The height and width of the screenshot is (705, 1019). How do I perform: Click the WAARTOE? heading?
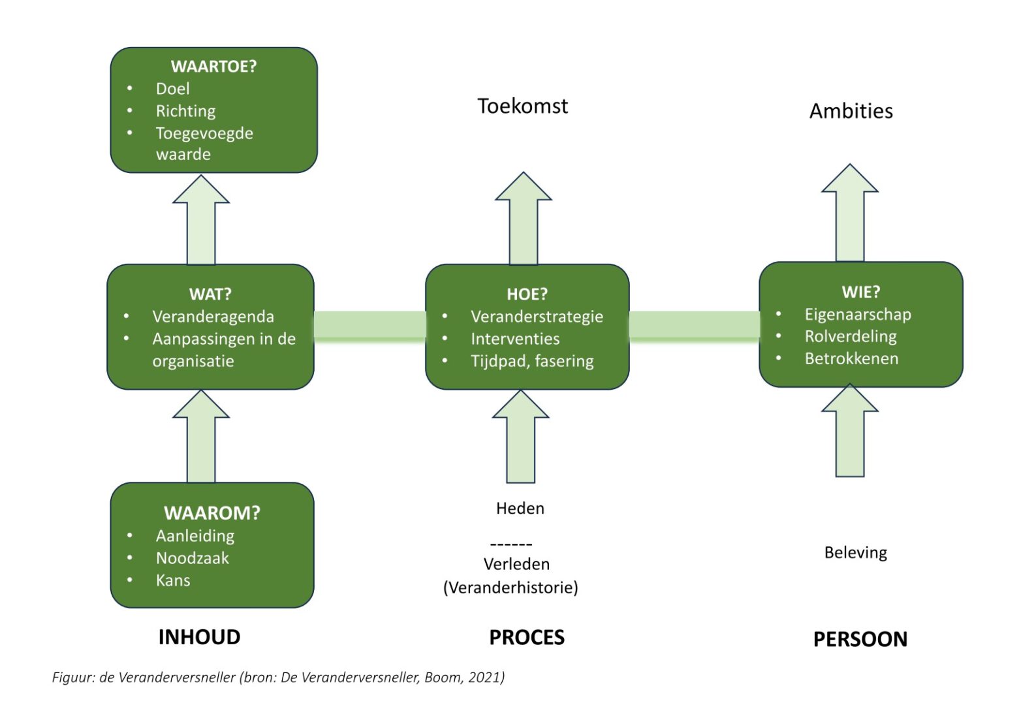[213, 66]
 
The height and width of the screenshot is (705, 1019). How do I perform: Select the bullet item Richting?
[185, 111]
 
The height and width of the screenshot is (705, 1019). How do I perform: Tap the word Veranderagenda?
[213, 317]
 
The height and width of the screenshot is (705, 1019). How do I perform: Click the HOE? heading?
[527, 294]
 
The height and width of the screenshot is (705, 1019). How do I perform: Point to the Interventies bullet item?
[515, 339]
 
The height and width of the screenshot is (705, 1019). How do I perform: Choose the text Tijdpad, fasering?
[532, 361]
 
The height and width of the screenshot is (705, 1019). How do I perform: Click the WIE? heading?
[860, 292]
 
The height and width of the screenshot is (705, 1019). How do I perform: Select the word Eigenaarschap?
[857, 314]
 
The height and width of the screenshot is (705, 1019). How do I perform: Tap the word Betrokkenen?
[851, 358]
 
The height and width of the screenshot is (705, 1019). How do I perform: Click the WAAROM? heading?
[212, 513]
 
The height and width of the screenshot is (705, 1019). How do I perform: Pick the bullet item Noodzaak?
[193, 558]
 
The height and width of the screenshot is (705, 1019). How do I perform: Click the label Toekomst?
[522, 106]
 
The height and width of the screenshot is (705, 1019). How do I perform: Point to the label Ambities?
[851, 111]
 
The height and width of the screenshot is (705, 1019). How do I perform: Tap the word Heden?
[520, 508]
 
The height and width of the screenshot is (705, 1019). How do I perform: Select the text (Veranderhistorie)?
[510, 587]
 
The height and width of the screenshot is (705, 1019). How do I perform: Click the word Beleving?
[855, 553]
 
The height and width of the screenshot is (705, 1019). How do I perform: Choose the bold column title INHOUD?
[199, 637]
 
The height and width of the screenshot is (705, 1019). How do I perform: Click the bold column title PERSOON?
[860, 639]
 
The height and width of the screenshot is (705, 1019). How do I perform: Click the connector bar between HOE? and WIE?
[694, 326]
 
